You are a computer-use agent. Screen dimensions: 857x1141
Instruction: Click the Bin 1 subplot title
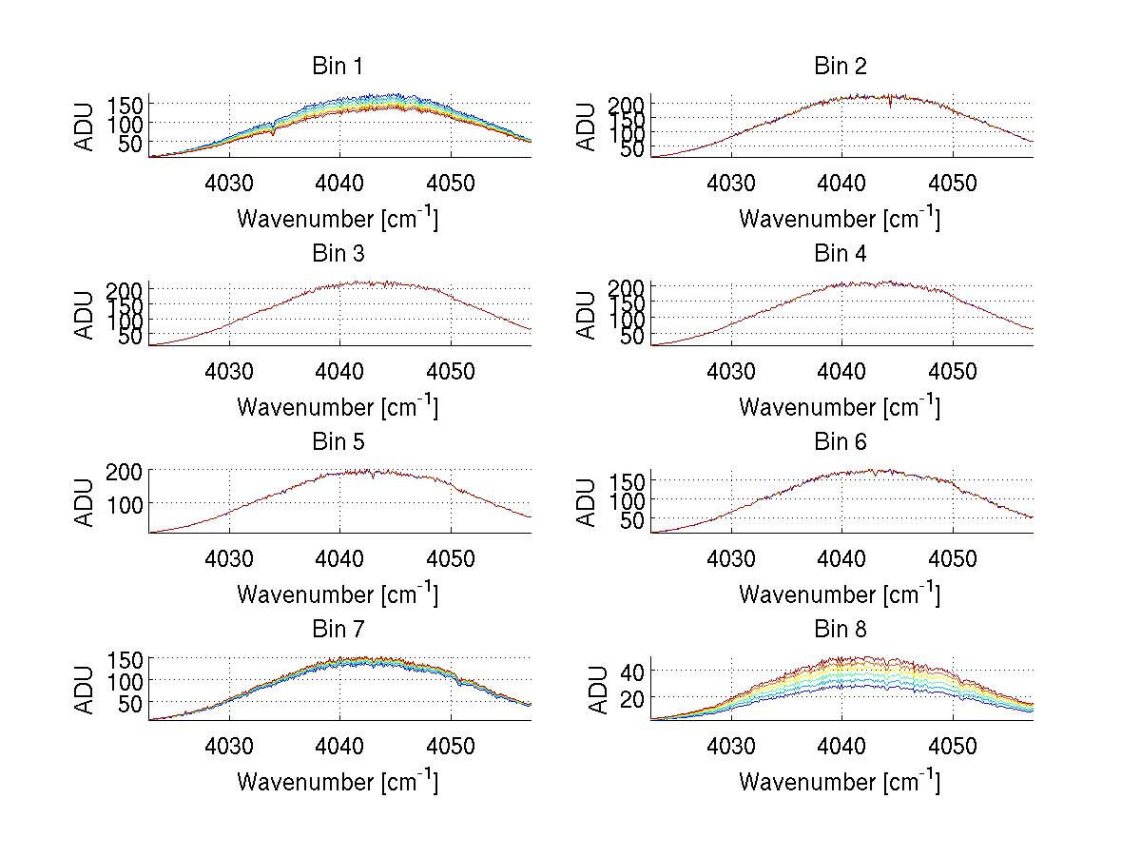[338, 67]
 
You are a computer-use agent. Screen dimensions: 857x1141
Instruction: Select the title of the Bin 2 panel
[841, 67]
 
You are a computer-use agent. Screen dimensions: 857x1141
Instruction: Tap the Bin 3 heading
[338, 254]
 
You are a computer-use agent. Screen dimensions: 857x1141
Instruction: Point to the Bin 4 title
[841, 254]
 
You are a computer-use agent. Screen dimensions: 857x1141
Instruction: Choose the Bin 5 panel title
[338, 442]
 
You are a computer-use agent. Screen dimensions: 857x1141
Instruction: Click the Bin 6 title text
[841, 442]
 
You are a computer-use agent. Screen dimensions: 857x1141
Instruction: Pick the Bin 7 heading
[338, 630]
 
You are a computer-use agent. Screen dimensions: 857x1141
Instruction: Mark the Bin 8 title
[841, 630]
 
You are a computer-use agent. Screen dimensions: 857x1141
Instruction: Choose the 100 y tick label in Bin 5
[125, 503]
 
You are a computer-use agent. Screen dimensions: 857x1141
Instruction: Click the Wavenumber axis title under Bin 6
[840, 594]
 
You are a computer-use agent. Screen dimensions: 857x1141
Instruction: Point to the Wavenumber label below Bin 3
[338, 407]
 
